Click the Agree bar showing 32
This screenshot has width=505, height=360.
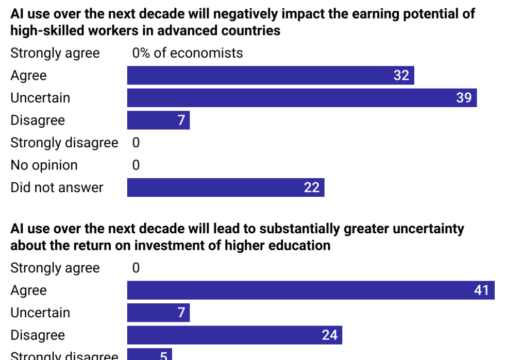tap(271, 75)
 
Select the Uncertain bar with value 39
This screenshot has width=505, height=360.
tap(301, 98)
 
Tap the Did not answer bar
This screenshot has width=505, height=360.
tap(225, 187)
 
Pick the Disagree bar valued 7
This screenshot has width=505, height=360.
tap(158, 121)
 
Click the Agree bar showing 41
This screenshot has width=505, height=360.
tap(310, 290)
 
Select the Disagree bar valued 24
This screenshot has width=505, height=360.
tap(234, 335)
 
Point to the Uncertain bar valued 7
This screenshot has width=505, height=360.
tap(158, 313)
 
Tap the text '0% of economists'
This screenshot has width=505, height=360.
tap(188, 53)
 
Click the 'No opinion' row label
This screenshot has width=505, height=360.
tap(44, 165)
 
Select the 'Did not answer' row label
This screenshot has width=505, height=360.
tap(57, 187)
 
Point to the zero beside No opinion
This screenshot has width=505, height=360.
tap(136, 165)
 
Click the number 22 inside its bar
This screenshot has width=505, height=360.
tap(311, 187)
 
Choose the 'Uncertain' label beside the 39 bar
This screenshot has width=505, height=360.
tap(40, 98)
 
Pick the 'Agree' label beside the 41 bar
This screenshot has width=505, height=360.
tap(28, 290)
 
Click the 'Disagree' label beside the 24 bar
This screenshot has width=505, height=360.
tap(38, 335)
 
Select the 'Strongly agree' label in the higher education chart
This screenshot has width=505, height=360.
tap(55, 268)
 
